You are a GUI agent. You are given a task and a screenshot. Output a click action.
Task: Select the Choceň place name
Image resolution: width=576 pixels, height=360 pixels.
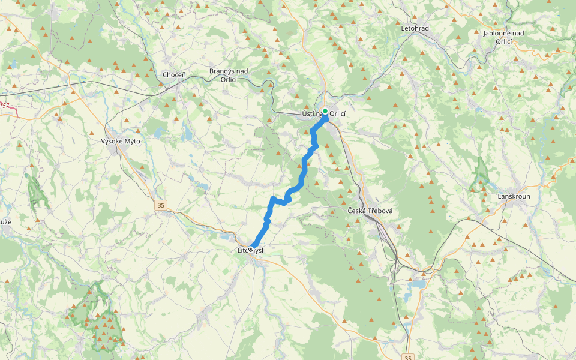click(x=175, y=75)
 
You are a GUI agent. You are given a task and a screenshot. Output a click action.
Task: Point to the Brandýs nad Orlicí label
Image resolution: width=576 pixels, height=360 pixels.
click(x=229, y=75)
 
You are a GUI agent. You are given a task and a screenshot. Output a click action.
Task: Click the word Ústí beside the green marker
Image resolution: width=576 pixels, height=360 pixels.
click(x=310, y=114)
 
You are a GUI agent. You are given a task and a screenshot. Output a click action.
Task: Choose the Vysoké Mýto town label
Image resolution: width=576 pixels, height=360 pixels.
click(x=121, y=141)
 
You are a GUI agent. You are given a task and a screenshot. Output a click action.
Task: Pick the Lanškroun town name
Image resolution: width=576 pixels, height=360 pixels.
click(x=514, y=196)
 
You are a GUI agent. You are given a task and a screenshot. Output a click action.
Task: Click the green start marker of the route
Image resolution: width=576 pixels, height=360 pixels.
click(x=325, y=111)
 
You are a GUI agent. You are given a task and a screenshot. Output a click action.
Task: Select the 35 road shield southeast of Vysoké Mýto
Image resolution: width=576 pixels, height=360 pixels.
click(x=161, y=205)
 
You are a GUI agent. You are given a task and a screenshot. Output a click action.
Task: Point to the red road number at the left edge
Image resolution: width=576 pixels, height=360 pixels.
click(x=5, y=106)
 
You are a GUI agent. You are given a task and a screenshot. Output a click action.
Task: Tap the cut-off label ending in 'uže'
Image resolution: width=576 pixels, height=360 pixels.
click(x=5, y=221)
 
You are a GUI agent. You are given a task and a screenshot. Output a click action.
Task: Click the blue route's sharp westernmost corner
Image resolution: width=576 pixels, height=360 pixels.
click(x=273, y=199)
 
